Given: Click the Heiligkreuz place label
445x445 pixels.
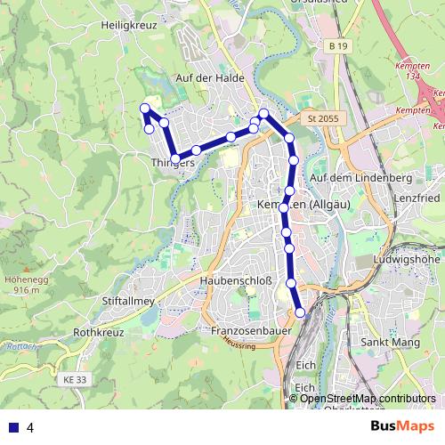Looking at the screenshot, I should point(129,27).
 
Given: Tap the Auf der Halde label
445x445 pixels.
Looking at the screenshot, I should point(210,78).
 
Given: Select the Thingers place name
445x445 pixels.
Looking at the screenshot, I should point(173,163).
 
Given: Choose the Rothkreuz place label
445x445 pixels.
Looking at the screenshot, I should point(97,332).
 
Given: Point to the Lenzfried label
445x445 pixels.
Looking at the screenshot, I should point(417,197).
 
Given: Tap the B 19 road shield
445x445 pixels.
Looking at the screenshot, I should point(336,45).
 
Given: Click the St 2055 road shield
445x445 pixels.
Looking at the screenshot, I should point(324,117).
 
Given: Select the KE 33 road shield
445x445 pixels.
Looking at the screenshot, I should point(77,380).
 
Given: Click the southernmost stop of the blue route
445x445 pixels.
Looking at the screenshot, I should point(300,312).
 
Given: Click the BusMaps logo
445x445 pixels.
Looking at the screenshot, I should point(402,426).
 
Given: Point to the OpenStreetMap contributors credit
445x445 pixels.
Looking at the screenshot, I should point(368,399).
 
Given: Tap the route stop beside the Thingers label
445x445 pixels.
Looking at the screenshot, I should point(175,158).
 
